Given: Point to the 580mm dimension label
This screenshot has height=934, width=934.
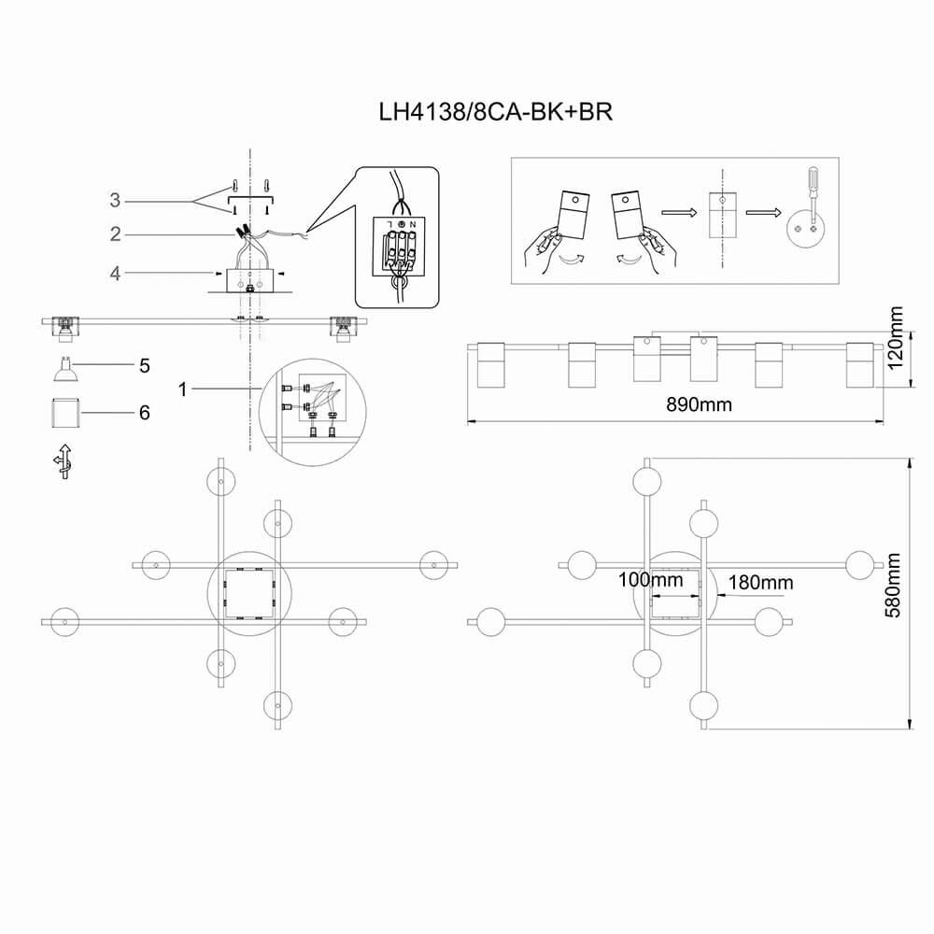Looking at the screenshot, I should (895, 592).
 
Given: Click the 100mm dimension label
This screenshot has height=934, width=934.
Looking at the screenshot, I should (650, 580).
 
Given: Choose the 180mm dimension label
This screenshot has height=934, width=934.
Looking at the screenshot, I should (760, 583).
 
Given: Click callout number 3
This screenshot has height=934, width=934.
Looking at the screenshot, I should (115, 200).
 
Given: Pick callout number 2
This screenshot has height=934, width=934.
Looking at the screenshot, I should (115, 234).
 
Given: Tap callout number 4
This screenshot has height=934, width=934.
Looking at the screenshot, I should (115, 274).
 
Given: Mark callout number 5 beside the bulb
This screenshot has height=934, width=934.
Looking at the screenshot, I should (144, 365).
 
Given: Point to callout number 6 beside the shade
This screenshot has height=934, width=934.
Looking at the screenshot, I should (144, 412).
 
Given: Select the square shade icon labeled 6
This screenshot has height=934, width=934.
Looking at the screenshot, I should (64, 411).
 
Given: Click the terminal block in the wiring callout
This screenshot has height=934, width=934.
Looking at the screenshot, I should (397, 247).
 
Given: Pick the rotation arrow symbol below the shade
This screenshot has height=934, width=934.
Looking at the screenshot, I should (63, 460).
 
